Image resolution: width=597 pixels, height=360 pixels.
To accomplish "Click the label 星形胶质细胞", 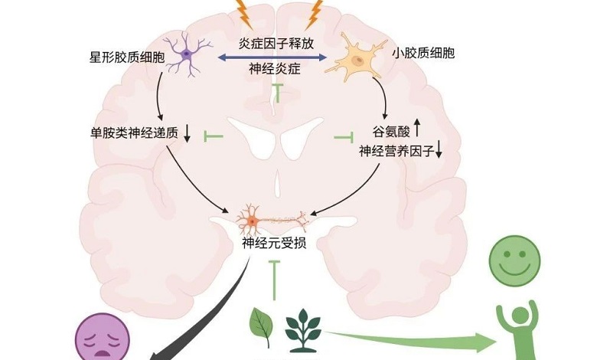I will [x=126, y=57].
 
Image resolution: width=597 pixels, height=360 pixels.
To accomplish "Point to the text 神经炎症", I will [x=275, y=69].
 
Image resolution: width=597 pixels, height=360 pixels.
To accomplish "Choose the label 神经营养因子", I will [x=395, y=151].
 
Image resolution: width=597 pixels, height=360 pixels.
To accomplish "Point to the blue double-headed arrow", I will [x=275, y=56].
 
